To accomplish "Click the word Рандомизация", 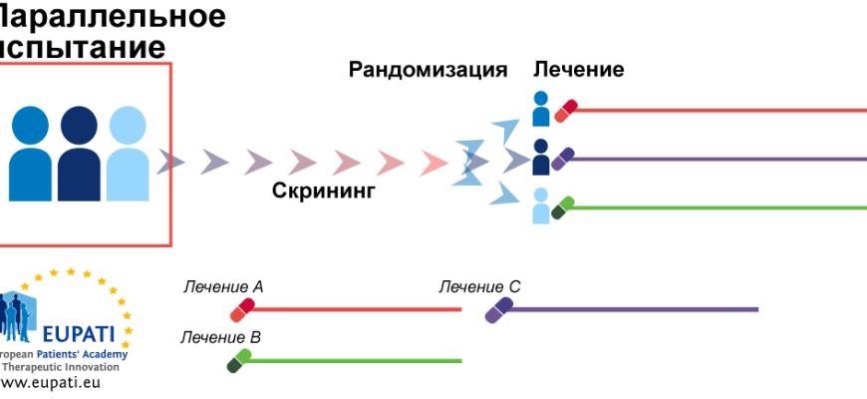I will pos(428,70).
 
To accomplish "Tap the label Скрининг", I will pos(324,192).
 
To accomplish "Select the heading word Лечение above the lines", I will pos(579,70).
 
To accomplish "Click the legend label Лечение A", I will pos(223,287).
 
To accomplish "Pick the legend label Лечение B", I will pos(220,337).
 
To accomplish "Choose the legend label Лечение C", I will pos(479,287).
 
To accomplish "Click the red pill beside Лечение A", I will pos(242,310).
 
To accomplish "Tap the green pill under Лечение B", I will pos(239,360).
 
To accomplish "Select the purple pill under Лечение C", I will pos(498,310).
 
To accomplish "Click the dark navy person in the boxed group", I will pos(79,155).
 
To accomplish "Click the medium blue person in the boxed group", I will pos(31,155).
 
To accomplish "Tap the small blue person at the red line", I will pos(541,109).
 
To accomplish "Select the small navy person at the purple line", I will pos(541,157).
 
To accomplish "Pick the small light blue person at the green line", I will pos(541,205).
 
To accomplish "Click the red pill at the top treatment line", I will pos(566,110).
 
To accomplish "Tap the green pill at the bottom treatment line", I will pos(564,207).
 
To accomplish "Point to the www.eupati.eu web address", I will pos(50,382).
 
